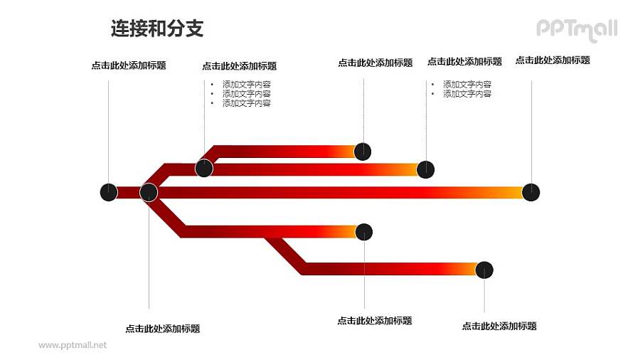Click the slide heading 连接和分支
157,28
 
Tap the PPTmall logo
576,29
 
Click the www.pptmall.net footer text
73,345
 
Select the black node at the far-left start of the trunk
108,192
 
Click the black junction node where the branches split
149,192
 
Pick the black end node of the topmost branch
363,151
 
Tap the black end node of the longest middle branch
530,192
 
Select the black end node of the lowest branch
484,270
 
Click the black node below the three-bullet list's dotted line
204,169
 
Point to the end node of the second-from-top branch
425,169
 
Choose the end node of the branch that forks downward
364,231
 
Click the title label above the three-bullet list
239,66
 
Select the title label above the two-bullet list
464,62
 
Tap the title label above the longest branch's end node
553,60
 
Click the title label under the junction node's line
162,329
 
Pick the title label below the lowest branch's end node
499,327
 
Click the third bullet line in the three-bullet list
246,103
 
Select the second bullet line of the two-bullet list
467,94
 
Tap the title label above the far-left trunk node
129,65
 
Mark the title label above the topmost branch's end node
375,63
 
